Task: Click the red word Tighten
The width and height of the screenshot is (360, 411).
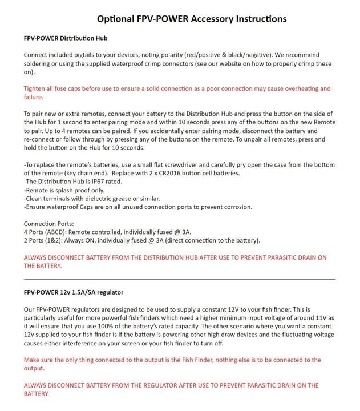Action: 37,89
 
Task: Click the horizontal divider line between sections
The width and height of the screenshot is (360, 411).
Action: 180,279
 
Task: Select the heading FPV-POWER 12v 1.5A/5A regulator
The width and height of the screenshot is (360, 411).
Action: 74,292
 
